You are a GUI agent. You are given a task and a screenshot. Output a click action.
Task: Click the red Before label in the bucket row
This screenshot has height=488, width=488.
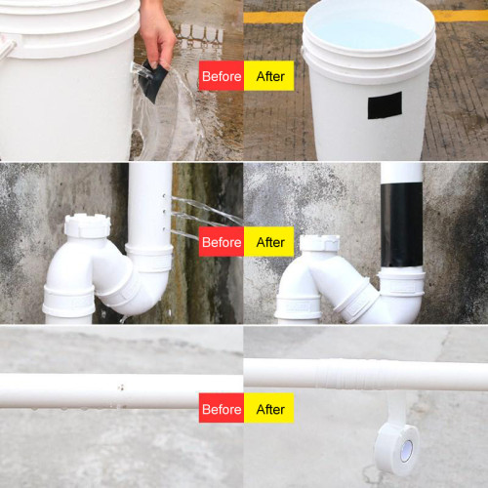pyautogui.click(x=221, y=76)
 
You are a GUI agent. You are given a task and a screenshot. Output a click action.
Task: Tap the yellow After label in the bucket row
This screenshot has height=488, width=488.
pyautogui.click(x=268, y=76)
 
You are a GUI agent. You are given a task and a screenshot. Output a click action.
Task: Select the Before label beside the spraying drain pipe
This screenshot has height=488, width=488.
pyautogui.click(x=221, y=242)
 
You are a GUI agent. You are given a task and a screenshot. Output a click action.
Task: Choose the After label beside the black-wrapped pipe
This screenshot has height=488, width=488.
pyautogui.click(x=268, y=242)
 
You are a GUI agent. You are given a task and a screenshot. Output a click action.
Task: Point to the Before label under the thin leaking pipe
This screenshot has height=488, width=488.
pyautogui.click(x=221, y=409)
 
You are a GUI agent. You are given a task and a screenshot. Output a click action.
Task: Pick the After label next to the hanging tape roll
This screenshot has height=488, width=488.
pyautogui.click(x=268, y=409)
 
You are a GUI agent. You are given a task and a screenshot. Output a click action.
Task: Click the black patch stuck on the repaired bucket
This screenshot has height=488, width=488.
pyautogui.click(x=384, y=105)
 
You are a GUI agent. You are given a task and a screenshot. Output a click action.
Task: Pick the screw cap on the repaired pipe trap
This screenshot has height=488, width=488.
pyautogui.click(x=318, y=243)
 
